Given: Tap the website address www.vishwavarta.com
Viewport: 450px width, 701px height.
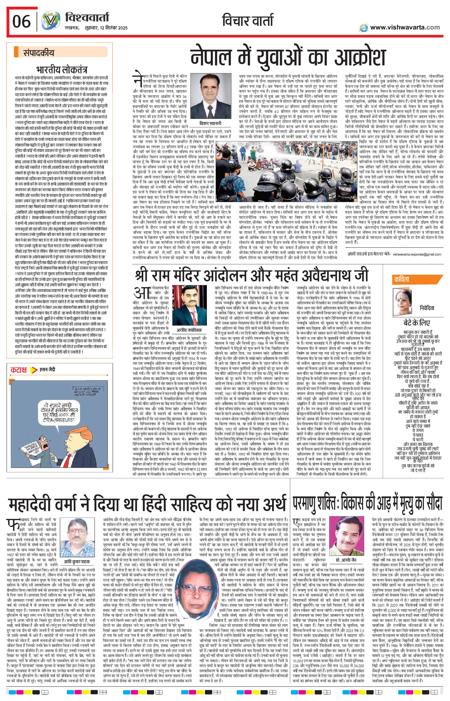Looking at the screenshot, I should (x=405, y=27).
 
